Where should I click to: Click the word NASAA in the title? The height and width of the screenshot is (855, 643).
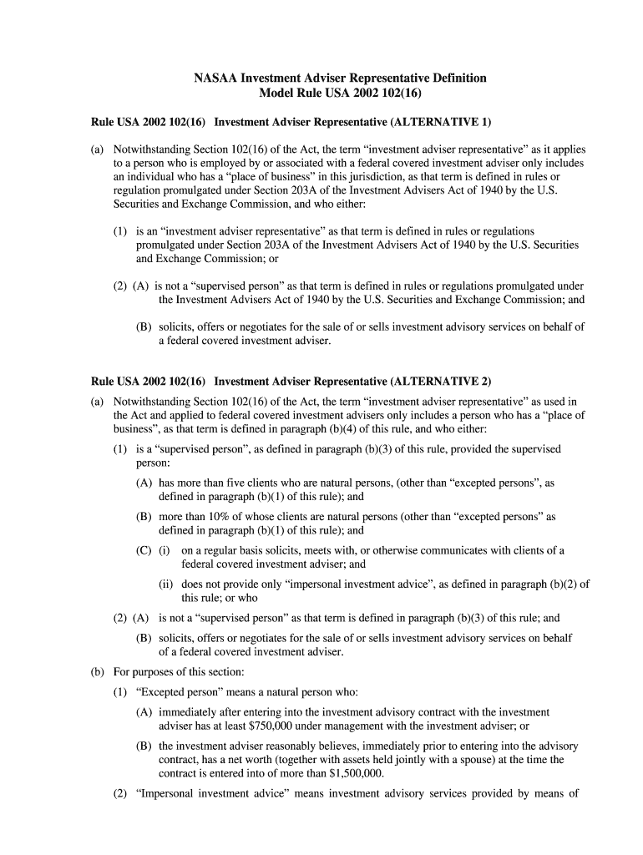(216, 78)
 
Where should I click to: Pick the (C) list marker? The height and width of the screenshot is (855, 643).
(144, 550)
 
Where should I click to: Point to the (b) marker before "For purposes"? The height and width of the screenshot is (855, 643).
(98, 671)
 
